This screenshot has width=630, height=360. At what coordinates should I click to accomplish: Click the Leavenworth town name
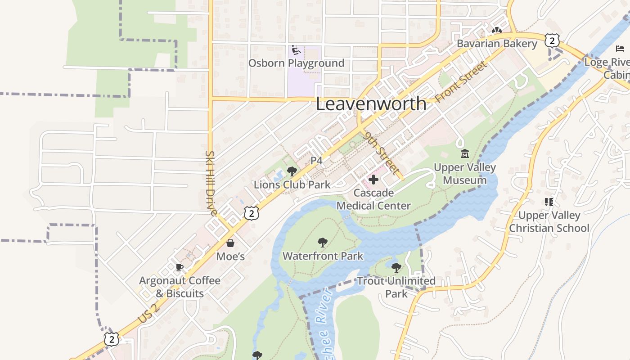coord(371,103)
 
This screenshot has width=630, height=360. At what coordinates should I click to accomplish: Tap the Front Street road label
coord(461,81)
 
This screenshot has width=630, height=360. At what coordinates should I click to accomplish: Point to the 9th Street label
coord(382,153)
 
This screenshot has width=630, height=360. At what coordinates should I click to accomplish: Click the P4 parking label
coord(316,160)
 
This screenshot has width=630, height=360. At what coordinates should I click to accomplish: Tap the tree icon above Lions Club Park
coord(292,171)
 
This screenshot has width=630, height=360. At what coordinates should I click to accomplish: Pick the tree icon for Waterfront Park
coord(322,243)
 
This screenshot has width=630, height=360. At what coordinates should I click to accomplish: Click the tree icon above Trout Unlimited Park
coord(396,268)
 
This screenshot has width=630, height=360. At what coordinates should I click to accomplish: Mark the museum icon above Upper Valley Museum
coord(465,154)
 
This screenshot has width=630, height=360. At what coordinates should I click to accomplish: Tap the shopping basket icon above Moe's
coord(230,243)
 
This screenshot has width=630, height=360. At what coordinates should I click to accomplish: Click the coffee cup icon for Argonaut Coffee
coord(180,268)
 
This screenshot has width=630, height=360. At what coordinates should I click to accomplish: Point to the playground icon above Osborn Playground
coord(296,50)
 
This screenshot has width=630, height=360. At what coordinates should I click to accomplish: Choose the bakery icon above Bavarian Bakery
coord(496,31)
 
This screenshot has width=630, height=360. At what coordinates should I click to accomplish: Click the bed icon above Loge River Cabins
coord(620,49)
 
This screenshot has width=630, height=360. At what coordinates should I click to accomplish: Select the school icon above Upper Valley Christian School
coord(549,202)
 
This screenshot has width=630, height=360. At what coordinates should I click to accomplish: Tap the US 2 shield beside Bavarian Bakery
coord(552,40)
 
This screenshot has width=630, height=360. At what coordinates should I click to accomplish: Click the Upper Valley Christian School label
coord(549,221)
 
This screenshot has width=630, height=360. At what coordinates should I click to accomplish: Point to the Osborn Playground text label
coord(296,63)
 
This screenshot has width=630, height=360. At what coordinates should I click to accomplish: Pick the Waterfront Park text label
coord(323,256)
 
